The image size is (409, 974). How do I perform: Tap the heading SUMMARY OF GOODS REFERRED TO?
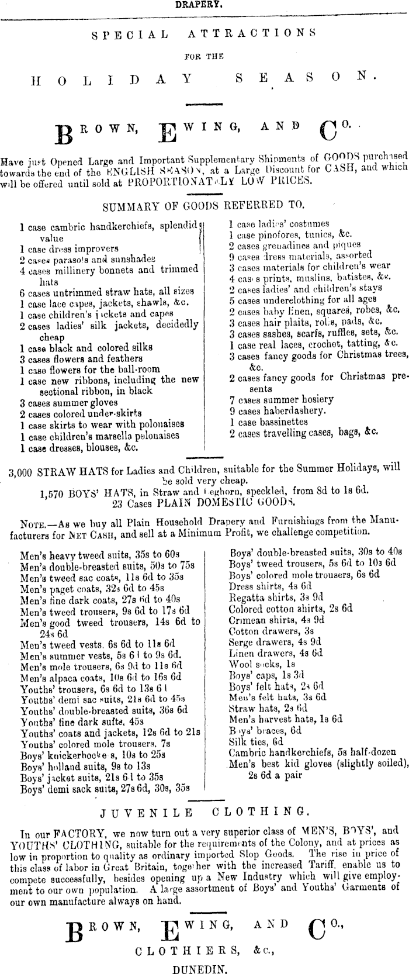(x=203, y=206)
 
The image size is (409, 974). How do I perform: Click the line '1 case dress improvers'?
(x=69, y=248)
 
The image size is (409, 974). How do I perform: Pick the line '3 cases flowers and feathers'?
(x=81, y=358)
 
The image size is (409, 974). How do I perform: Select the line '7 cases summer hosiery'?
(x=281, y=400)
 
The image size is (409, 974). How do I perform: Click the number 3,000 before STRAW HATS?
(x=20, y=468)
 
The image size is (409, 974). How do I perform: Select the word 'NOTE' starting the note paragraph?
(x=32, y=521)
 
